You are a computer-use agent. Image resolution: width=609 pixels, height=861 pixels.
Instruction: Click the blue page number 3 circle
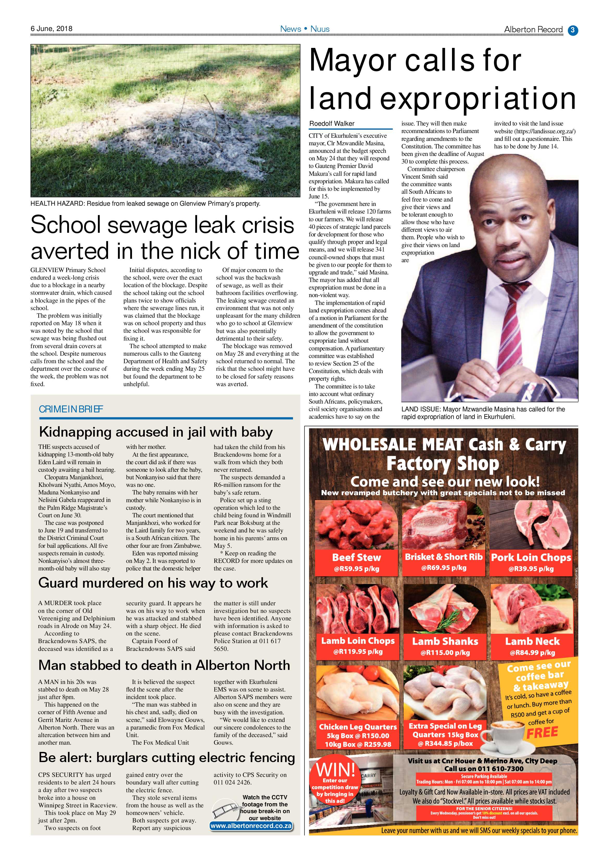tap(573, 30)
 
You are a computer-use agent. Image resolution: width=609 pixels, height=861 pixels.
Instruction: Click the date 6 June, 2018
tap(51, 28)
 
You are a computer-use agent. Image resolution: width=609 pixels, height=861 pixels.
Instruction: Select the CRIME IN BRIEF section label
tap(71, 409)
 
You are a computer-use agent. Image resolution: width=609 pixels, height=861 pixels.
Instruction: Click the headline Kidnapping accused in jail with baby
tap(156, 432)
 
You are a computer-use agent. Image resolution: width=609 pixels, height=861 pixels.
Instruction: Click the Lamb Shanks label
tap(445, 641)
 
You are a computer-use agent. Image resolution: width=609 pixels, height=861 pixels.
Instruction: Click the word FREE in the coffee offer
tap(542, 732)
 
